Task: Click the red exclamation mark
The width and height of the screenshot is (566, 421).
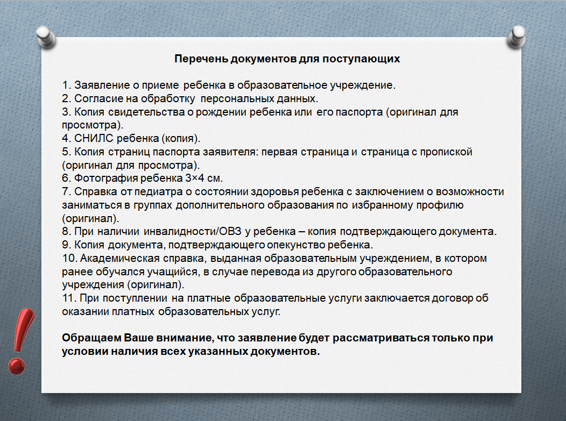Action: pos(22,341)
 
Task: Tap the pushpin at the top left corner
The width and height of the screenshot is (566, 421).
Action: pos(46,37)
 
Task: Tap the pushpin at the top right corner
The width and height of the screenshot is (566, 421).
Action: pos(516,37)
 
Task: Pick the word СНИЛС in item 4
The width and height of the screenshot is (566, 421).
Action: pos(94,138)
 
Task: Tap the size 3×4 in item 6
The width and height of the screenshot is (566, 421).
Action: pos(195,178)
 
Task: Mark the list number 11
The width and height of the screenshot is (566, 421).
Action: pos(69,298)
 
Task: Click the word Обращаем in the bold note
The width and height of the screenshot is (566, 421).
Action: pos(91,338)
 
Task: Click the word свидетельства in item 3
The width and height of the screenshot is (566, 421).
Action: pos(146,112)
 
